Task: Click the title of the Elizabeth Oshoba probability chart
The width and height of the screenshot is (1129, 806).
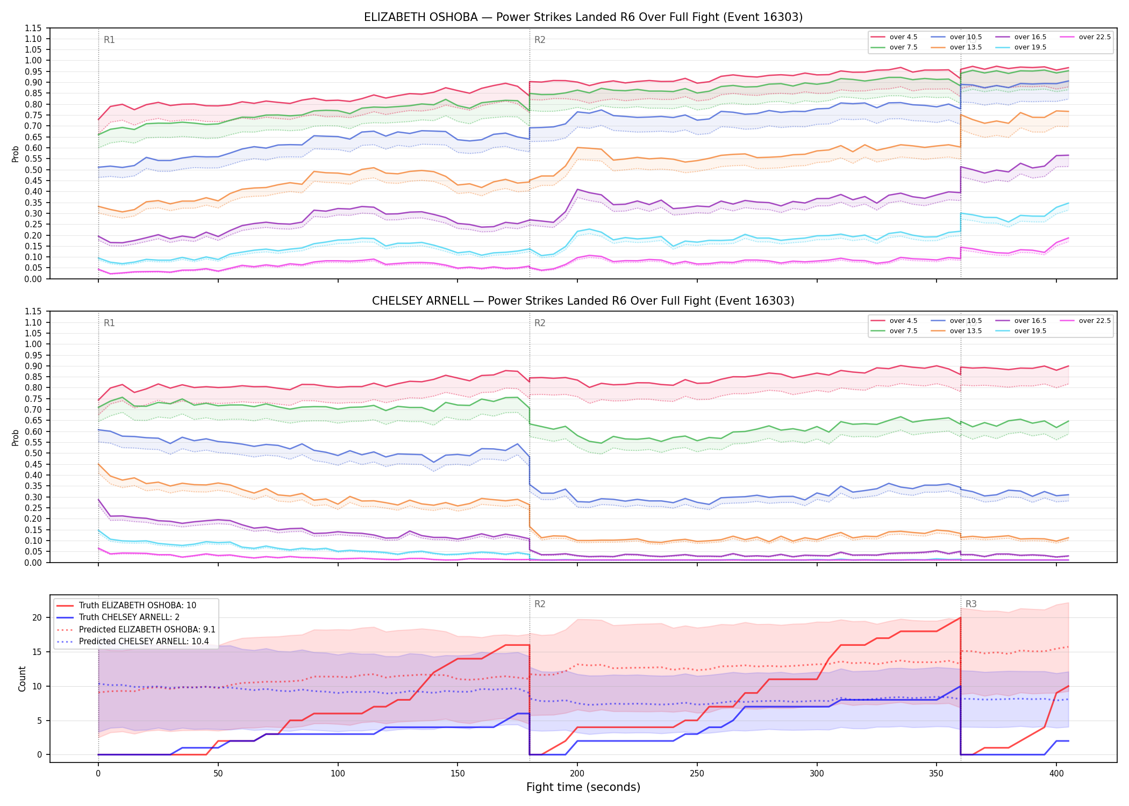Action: tap(583, 17)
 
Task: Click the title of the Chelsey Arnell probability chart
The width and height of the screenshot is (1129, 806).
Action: tap(583, 301)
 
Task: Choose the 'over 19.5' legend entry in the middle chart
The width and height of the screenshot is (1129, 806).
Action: tap(1021, 331)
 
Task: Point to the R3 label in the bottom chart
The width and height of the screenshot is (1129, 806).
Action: tap(971, 604)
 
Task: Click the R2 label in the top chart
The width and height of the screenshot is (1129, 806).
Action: tap(540, 40)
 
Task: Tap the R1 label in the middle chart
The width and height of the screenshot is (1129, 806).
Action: tap(109, 323)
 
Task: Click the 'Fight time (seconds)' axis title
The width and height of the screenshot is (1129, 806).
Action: tap(583, 787)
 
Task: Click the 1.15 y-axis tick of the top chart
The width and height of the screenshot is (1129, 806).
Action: tap(33, 28)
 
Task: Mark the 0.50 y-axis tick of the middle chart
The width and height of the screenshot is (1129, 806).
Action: tap(33, 454)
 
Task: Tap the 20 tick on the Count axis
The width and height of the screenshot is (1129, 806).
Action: tap(37, 618)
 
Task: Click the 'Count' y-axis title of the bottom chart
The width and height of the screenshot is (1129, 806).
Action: tap(22, 679)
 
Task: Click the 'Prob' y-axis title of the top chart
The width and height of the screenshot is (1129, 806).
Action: tap(16, 154)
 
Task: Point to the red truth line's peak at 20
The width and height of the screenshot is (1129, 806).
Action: tap(960, 618)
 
